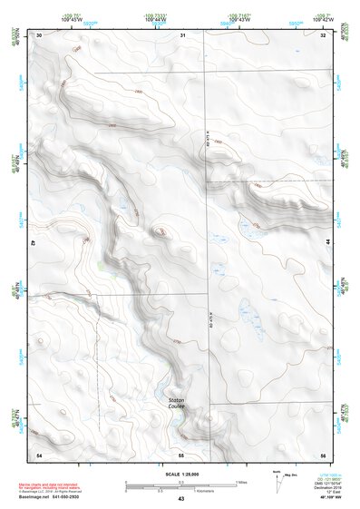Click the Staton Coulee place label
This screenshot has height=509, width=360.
click(x=176, y=402)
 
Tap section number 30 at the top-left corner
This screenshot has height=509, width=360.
click(x=39, y=34)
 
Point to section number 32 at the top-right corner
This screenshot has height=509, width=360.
click(x=324, y=34)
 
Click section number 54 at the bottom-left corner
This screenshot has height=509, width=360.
click(x=39, y=453)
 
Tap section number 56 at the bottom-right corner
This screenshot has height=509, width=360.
click(x=324, y=453)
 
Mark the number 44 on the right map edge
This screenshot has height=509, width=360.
click(x=327, y=243)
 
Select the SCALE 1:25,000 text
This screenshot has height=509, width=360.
click(x=180, y=474)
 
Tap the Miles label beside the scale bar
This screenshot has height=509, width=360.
click(x=240, y=481)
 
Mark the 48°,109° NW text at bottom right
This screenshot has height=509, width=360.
click(x=322, y=498)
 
